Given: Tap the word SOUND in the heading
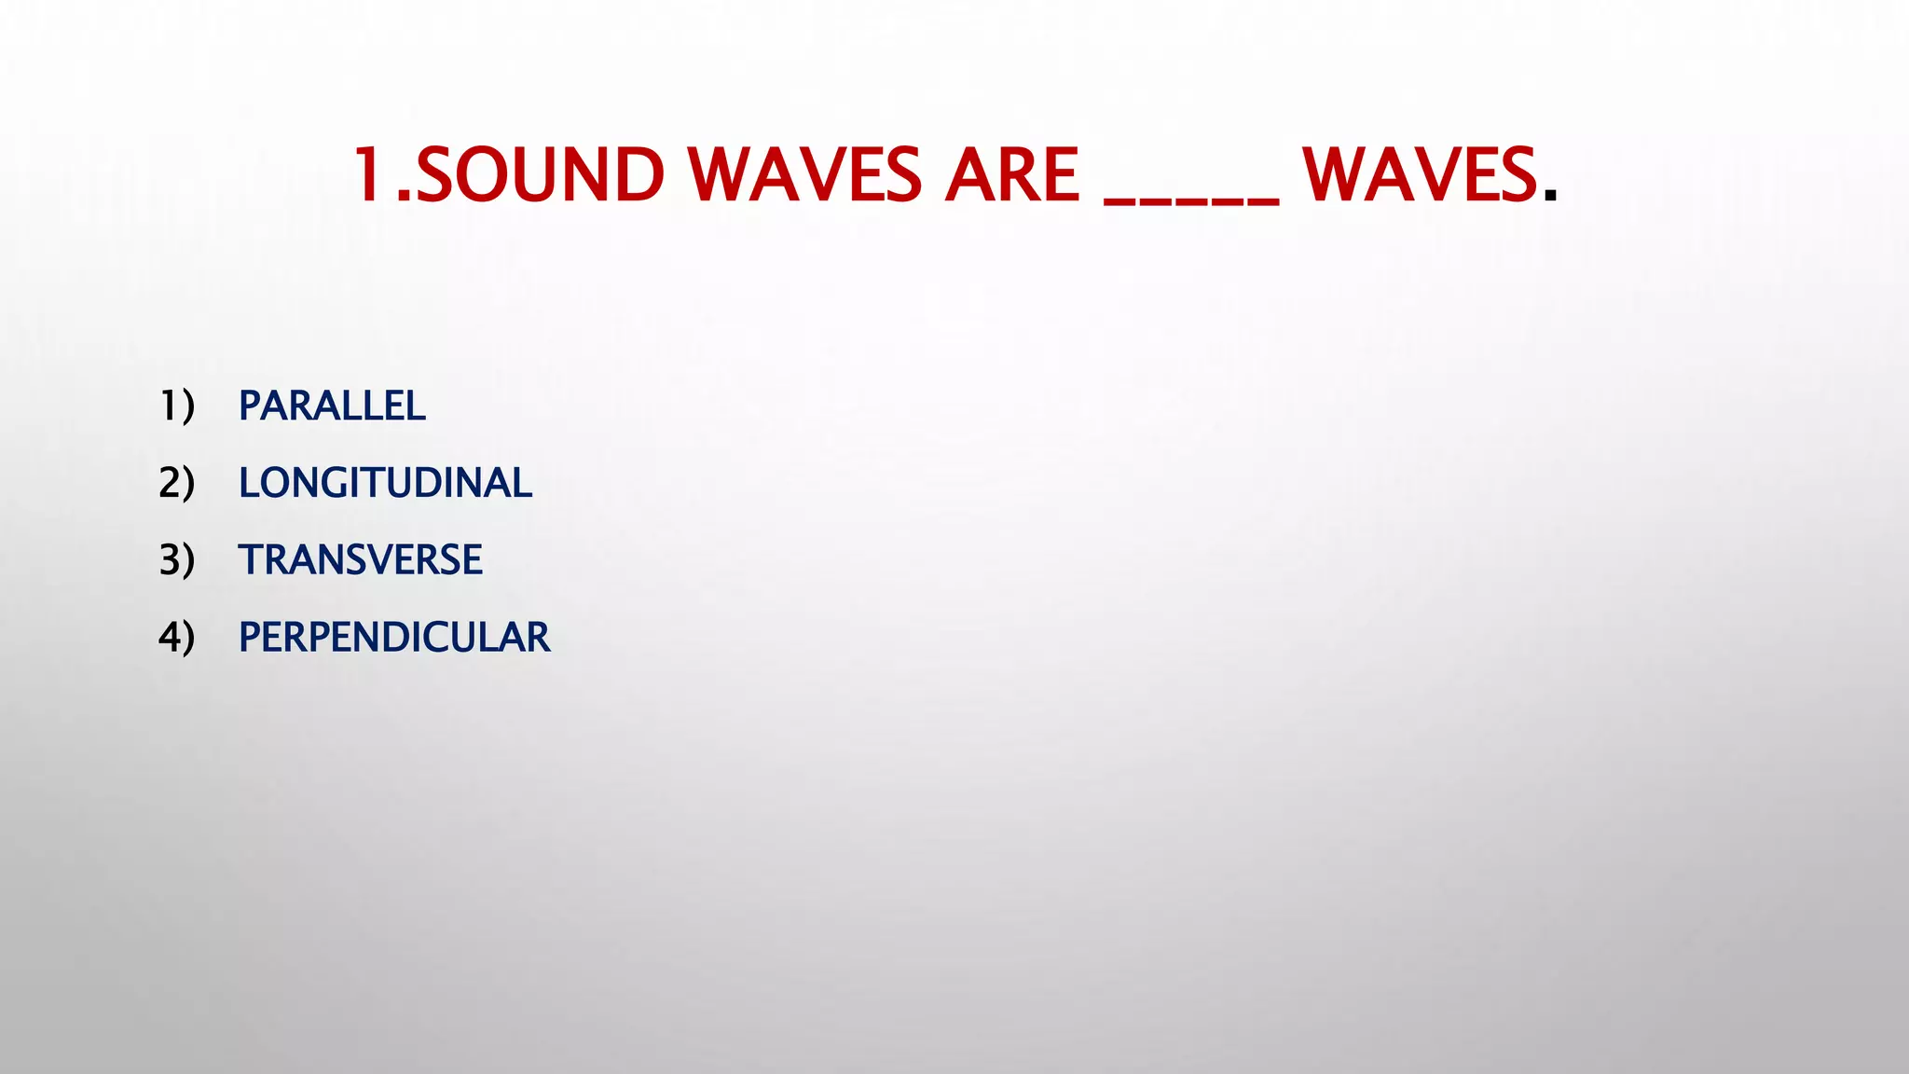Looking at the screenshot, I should pyautogui.click(x=539, y=175).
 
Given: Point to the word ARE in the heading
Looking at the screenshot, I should pyautogui.click(x=1012, y=175).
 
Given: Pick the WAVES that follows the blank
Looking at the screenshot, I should pyautogui.click(x=1419, y=175).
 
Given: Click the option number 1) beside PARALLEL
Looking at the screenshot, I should pyautogui.click(x=176, y=406).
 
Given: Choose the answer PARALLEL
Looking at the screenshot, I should pyautogui.click(x=332, y=406).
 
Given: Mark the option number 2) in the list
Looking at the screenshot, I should pyautogui.click(x=176, y=483).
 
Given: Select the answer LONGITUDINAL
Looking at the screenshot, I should pyautogui.click(x=385, y=483).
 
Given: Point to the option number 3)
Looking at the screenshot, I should pyautogui.click(x=176, y=560).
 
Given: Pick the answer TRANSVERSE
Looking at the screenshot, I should pyautogui.click(x=360, y=560).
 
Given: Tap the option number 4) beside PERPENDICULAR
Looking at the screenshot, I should pyautogui.click(x=176, y=638).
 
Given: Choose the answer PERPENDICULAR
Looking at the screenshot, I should pyautogui.click(x=393, y=638).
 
